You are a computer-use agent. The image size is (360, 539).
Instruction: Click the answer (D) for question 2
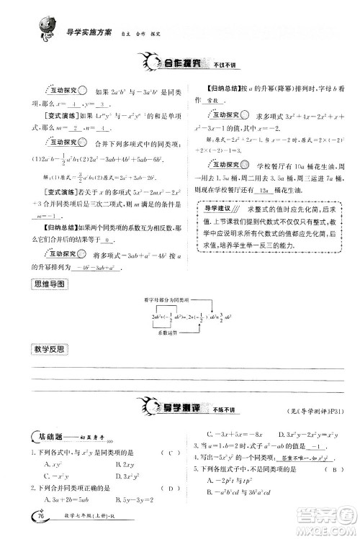pos(168,487)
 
